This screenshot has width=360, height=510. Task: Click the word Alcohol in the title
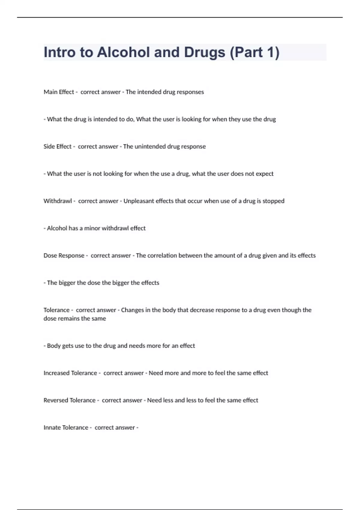point(123,52)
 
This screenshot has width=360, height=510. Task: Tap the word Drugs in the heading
point(204,52)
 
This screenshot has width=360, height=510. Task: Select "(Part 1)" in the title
point(255,52)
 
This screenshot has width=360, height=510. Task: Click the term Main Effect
point(58,92)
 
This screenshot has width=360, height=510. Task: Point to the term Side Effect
point(57,146)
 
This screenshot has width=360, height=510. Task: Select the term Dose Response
point(64,256)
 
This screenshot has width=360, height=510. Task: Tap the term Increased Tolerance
point(70,373)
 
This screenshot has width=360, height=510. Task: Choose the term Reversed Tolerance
point(69,400)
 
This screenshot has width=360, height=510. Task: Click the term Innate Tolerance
point(66,428)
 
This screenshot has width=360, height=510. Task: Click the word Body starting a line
point(54,346)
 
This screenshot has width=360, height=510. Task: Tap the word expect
point(264,174)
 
